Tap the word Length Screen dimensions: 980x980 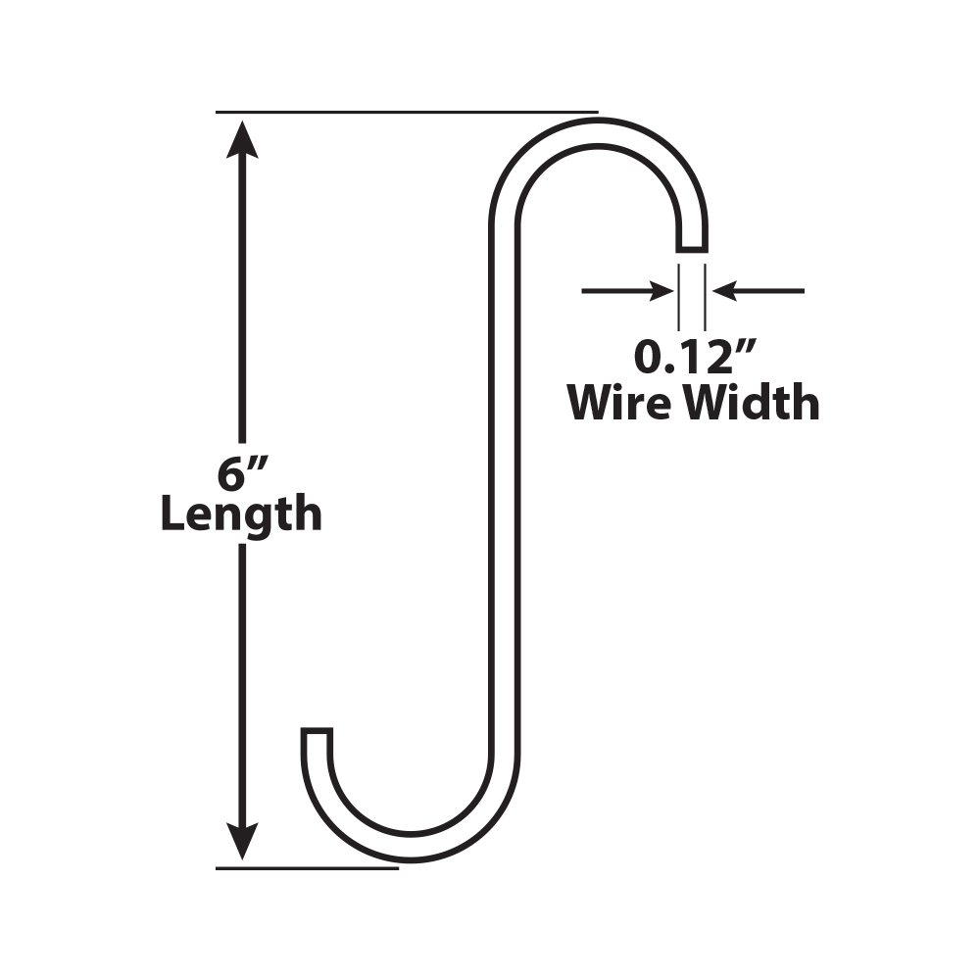(x=241, y=514)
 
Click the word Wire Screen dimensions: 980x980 (x=621, y=402)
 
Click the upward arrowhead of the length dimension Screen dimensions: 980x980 (x=242, y=137)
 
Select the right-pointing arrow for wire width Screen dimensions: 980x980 (x=627, y=291)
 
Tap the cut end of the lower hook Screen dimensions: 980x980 (x=317, y=731)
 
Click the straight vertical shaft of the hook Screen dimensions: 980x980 (x=505, y=490)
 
